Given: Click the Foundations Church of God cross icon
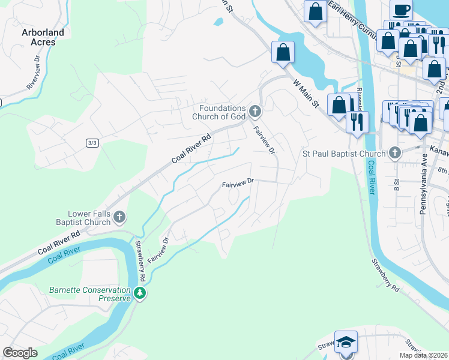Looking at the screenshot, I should point(256,110).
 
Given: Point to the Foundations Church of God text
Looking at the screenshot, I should point(221,112).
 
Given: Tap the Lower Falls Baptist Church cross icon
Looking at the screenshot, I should point(119,217).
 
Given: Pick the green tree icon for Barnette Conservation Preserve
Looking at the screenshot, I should point(140,293).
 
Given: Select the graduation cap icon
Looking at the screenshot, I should point(346,341).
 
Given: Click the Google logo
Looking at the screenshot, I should point(20,353).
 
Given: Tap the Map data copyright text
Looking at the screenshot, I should point(423,355).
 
